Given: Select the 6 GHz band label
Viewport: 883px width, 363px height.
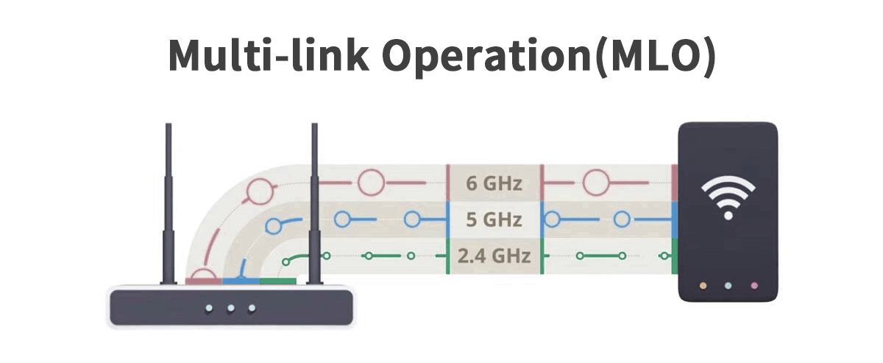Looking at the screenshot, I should click(494, 183).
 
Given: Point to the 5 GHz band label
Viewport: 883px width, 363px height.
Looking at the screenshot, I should click(494, 219).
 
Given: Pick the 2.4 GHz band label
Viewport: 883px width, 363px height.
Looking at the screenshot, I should click(494, 256).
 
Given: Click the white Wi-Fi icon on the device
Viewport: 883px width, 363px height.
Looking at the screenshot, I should click(728, 197).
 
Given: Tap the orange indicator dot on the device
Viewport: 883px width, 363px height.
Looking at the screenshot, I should click(703, 285).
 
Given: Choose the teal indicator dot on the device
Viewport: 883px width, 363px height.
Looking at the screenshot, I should click(728, 285).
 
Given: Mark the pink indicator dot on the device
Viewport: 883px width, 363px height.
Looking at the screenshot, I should click(753, 285).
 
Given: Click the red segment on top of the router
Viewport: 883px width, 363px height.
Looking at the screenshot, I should click(204, 281).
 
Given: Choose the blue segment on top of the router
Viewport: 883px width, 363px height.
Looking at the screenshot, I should click(241, 281).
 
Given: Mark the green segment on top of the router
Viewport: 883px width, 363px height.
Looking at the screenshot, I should click(277, 281).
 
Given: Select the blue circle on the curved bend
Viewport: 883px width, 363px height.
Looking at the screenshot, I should click(276, 226).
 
